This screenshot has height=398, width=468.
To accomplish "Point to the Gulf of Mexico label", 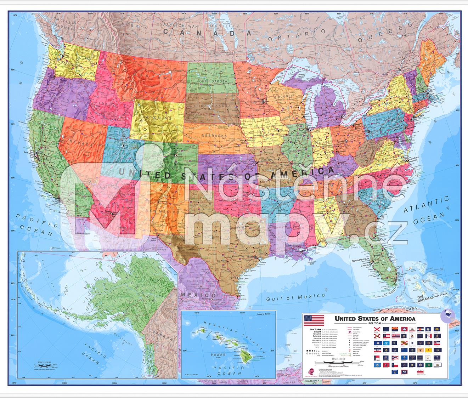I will [x=296, y=297].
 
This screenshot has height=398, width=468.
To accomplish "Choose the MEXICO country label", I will [x=198, y=295].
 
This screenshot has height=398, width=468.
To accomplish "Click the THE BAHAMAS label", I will [x=425, y=298].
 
